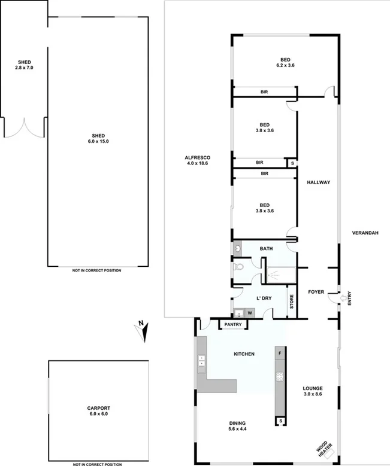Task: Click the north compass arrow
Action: tap(141, 330)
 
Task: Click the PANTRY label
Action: tap(233, 325)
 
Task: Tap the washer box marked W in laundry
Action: tap(249, 312)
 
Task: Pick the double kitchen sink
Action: tap(201, 360)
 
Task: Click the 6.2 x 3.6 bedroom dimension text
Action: tap(285, 66)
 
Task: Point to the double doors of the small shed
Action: tap(24, 127)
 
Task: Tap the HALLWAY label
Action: tap(318, 182)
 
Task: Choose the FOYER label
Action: tap(316, 292)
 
